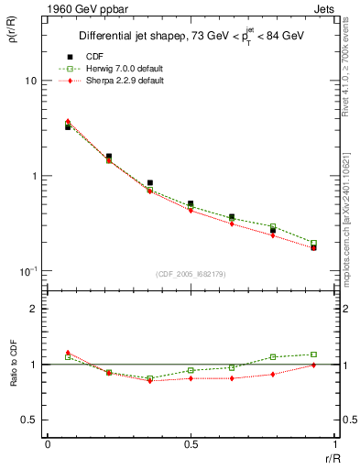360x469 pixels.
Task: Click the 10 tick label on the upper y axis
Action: (30, 81)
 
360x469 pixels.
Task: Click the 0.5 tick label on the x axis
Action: (190, 444)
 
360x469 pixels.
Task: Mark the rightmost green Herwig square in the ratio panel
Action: (313, 354)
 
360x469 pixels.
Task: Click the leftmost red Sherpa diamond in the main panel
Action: (68, 121)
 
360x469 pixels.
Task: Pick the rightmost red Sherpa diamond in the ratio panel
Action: (313, 365)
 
